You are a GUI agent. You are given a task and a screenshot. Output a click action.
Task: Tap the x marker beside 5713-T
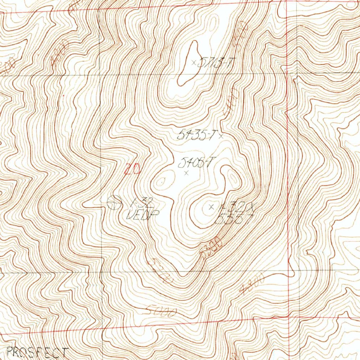pos(193,63)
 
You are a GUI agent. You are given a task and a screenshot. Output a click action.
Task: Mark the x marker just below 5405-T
pos(186,172)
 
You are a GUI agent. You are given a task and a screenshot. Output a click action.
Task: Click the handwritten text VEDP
pos(143,214)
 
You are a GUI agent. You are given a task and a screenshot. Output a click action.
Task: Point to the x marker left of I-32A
pos(211,207)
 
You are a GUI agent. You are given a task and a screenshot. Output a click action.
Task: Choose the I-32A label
pos(235,208)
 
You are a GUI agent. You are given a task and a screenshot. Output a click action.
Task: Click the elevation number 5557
pos(233,219)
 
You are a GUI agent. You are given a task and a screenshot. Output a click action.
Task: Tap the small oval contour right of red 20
pos(161,182)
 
